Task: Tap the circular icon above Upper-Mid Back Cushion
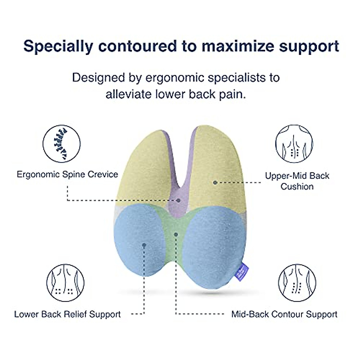(x=294, y=144)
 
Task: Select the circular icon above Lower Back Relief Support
(x=65, y=283)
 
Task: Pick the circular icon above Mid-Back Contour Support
(x=297, y=283)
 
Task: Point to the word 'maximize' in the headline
(x=238, y=46)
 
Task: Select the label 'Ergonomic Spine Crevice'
(x=67, y=174)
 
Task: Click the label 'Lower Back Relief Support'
(x=67, y=314)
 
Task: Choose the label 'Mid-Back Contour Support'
(x=284, y=314)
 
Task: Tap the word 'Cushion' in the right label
(x=297, y=187)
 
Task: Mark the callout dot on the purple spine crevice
(x=178, y=200)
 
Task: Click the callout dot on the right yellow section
(x=215, y=182)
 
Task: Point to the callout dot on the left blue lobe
(x=144, y=245)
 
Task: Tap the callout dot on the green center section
(x=176, y=234)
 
